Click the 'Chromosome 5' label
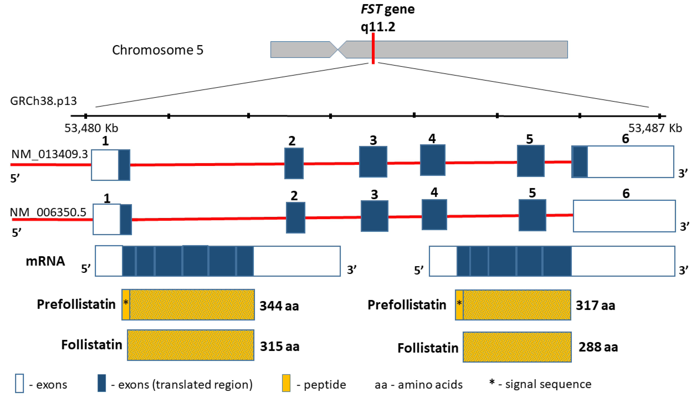click(158, 50)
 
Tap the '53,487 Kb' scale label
click(655, 128)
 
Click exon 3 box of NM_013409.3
click(373, 162)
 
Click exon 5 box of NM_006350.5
click(532, 215)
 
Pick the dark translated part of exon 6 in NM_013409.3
click(580, 162)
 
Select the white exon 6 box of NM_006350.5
click(624, 216)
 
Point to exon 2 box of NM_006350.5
click(295, 218)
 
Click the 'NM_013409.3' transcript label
click(50, 154)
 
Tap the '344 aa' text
click(279, 306)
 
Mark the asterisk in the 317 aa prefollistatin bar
click(459, 303)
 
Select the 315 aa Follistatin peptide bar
click(191, 345)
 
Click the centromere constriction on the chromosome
click(338, 49)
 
